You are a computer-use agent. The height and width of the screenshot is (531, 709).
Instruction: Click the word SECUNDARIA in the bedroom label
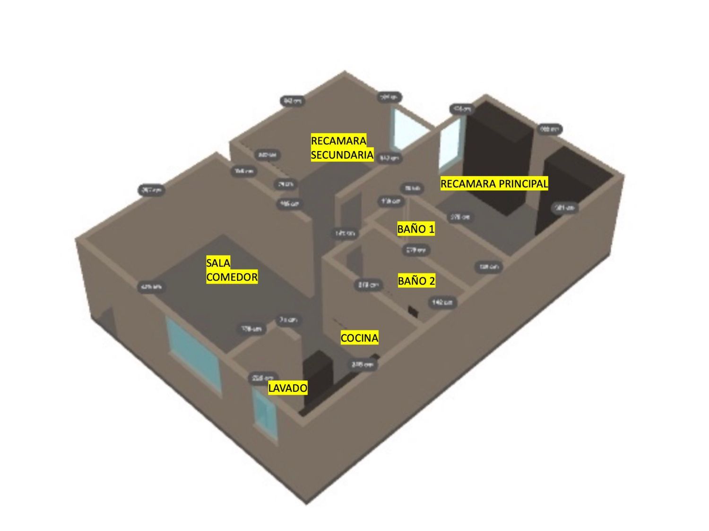[342, 155]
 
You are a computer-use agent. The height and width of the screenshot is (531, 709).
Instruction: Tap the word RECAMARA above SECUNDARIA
[338, 141]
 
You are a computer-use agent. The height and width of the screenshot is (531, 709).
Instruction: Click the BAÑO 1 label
[416, 229]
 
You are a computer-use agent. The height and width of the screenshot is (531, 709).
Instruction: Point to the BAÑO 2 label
[416, 281]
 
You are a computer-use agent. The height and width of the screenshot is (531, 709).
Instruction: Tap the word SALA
[218, 263]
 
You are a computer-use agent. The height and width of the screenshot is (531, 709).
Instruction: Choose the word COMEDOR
[232, 277]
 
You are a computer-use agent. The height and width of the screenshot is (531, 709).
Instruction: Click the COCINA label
[359, 338]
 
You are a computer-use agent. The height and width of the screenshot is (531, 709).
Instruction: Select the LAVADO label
[287, 388]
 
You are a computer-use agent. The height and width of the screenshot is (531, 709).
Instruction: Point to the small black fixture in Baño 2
[414, 312]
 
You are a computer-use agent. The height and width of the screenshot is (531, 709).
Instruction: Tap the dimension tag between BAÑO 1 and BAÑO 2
[416, 250]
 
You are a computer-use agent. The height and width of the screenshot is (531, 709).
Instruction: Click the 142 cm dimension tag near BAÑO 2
[442, 302]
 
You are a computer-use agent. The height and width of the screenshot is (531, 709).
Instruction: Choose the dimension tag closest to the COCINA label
[363, 364]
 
